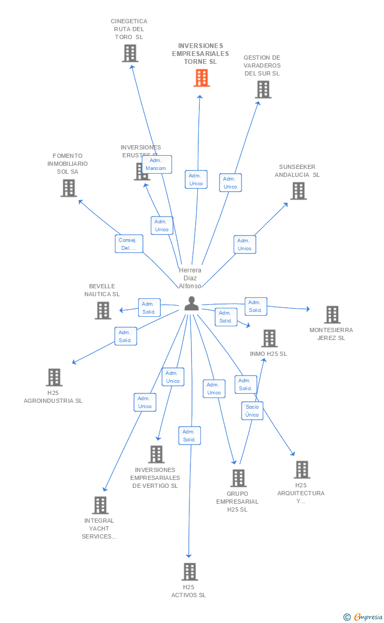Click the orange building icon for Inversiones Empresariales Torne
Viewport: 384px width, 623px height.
[x=201, y=78]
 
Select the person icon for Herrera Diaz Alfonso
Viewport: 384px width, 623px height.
[x=191, y=304]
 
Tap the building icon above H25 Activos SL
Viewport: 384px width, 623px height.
[x=189, y=571]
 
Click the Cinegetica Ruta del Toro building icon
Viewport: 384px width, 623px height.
[x=130, y=53]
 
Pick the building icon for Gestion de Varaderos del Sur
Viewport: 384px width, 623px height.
[x=263, y=90]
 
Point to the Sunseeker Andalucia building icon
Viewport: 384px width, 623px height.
[x=298, y=191]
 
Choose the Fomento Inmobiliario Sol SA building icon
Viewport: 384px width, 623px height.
[x=69, y=188]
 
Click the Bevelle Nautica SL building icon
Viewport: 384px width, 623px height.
[x=103, y=310]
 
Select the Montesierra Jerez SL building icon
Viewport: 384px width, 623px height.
[x=332, y=315]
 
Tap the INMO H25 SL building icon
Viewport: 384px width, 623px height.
[x=269, y=338]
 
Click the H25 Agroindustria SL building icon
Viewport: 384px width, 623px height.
[x=54, y=377]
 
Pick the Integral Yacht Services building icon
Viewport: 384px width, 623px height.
[x=100, y=505]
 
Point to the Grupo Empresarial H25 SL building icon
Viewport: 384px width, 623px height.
[x=238, y=478]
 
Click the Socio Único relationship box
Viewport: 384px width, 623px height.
[x=252, y=411]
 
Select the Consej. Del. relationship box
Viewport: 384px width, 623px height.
[x=129, y=244]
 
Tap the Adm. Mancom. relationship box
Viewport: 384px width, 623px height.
[x=157, y=165]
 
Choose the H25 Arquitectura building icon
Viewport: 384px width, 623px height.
[x=302, y=469]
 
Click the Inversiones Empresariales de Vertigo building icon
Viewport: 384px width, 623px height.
[x=156, y=454]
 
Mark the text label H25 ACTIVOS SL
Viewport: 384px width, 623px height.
[x=189, y=591]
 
